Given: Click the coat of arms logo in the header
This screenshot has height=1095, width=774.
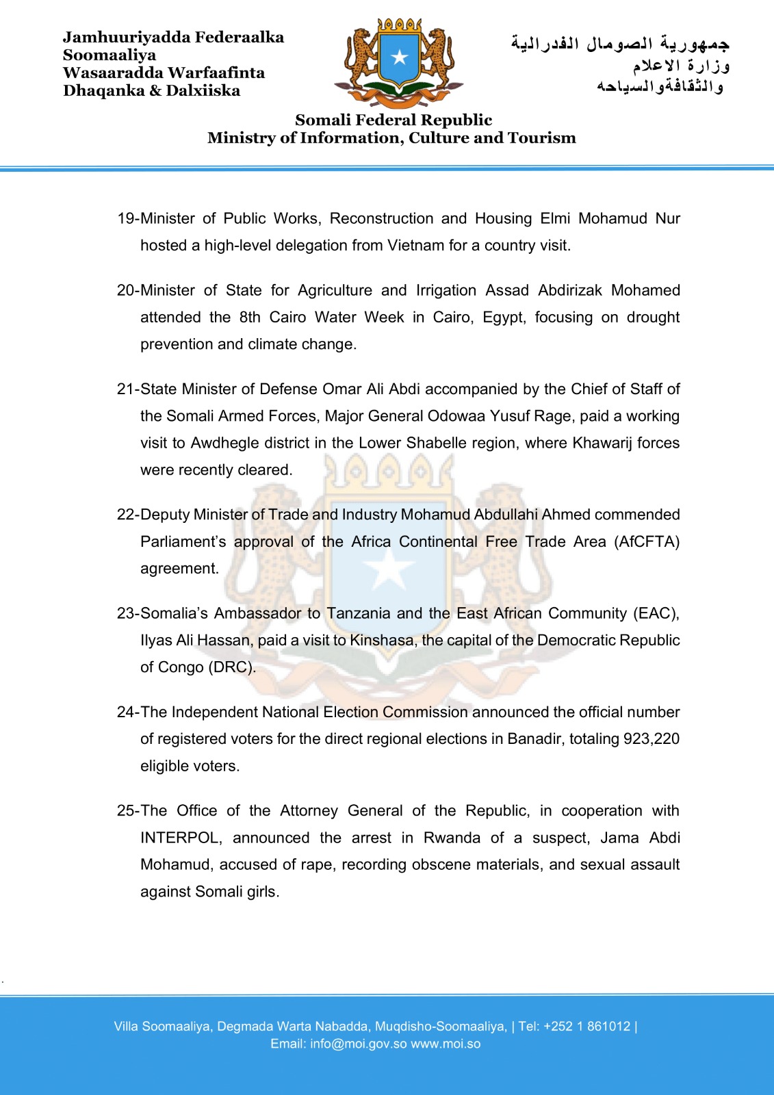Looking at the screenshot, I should (x=399, y=63).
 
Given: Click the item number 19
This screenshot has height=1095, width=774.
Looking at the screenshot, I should (x=126, y=218).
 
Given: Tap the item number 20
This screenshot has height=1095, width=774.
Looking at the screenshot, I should (x=127, y=290).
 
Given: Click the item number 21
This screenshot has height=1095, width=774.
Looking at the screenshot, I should (x=126, y=389).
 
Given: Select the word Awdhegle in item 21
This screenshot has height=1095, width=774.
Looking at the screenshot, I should (x=220, y=443).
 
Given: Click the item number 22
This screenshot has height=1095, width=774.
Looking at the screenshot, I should (x=127, y=515).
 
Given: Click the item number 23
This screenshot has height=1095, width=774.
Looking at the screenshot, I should (x=127, y=613).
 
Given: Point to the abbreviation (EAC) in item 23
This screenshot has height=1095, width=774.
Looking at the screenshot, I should (x=656, y=613).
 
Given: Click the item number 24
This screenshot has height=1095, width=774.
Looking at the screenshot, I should (x=127, y=712).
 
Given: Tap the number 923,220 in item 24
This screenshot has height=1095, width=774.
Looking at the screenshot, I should (x=651, y=738).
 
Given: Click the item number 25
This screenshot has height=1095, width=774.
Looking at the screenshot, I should (x=127, y=810).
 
